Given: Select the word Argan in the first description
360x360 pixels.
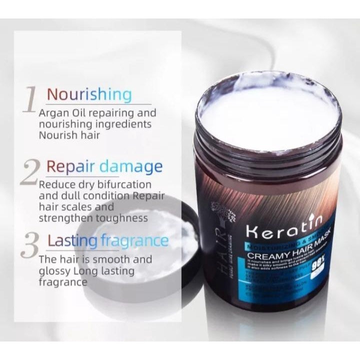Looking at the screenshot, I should point(54,112).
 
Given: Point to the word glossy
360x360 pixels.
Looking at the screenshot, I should point(54,271).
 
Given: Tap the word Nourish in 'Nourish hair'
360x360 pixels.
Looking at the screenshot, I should point(58,134).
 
